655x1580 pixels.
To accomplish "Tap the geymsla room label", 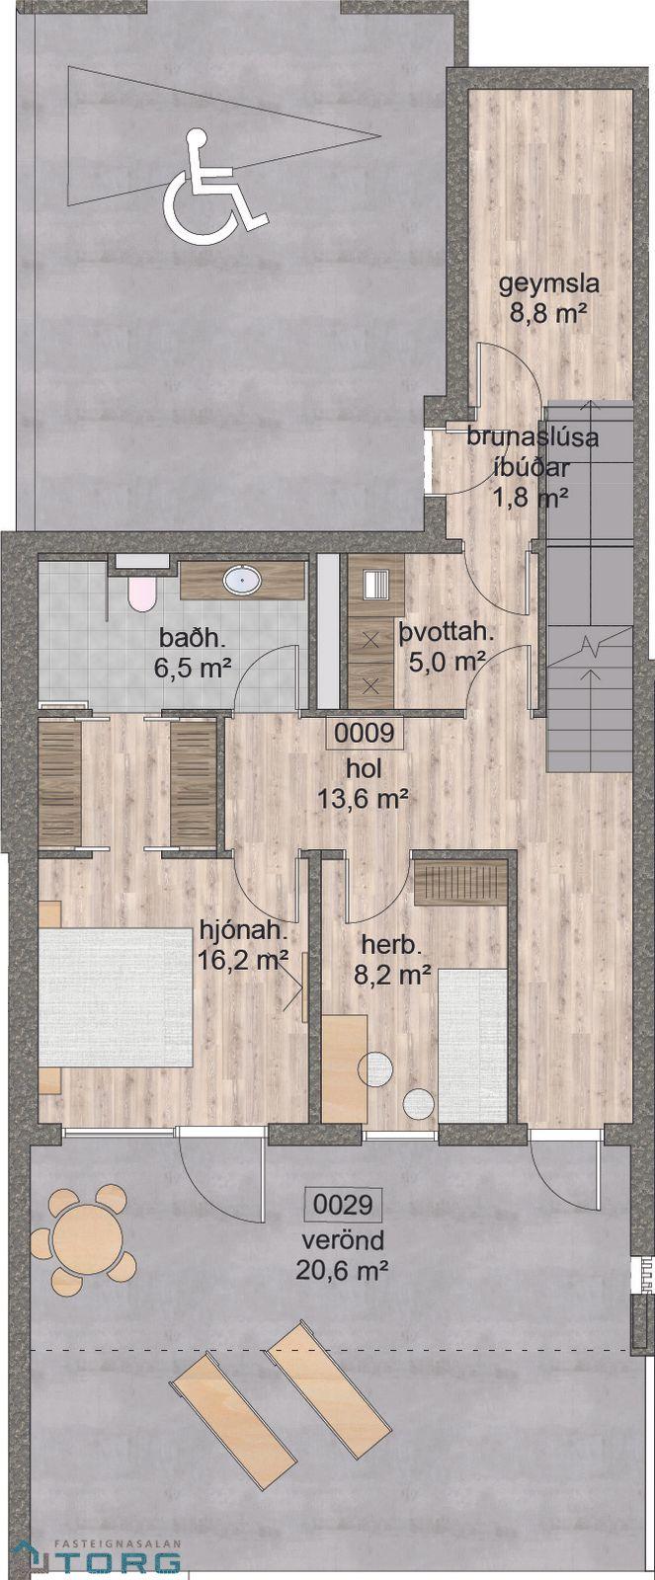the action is coord(550,284).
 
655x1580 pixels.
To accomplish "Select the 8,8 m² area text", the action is coord(550,312).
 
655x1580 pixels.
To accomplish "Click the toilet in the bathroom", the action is coord(141,593).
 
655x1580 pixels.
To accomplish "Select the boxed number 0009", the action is coord(364,734).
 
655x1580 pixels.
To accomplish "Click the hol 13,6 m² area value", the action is coord(364,799).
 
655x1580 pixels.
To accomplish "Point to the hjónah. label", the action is coord(244,932).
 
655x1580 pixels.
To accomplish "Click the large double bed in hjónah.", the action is coord(116,996).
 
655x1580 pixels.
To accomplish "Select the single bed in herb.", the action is coord(472,1045).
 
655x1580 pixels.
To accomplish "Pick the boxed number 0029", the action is coord(343,1205).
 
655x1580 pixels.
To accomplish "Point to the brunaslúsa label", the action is coord(532,437).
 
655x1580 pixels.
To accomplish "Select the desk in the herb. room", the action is coord(345,1067).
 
